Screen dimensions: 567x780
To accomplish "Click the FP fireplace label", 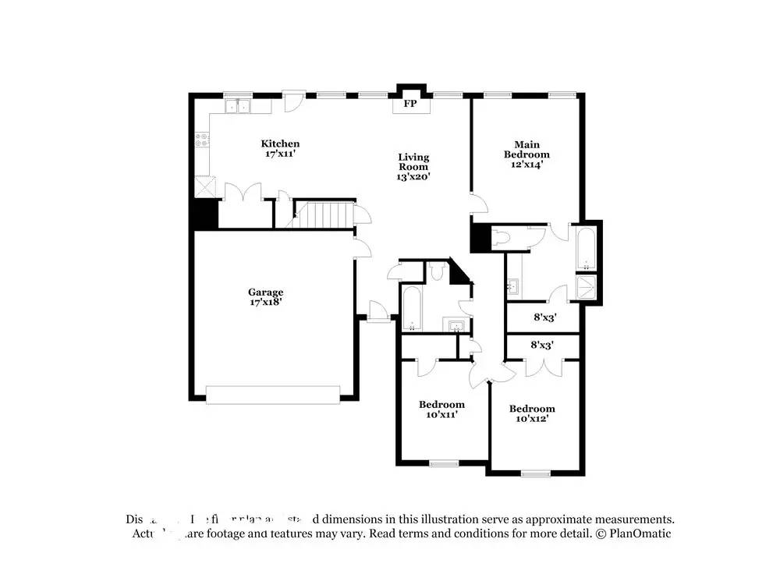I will pos(409,104).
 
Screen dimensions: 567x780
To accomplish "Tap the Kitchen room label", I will pos(280,144).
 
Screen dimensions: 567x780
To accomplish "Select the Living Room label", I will pos(413,161).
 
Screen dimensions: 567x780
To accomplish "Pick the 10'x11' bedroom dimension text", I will pos(441,415).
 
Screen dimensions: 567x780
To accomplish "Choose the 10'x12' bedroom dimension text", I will pos(532,420).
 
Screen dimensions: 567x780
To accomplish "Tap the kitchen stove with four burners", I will pos(202,141).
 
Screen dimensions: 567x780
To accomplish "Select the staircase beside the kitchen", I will pos(322,214).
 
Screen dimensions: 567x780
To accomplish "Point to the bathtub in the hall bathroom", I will pos(411,308).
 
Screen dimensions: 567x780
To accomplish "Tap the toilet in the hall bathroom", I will pos(437,271).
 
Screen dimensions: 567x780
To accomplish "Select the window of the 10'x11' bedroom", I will pos(444,464).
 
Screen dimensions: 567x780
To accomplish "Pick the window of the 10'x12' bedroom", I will pos(535,473).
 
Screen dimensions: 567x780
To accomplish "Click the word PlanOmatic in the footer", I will pos(640,534).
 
